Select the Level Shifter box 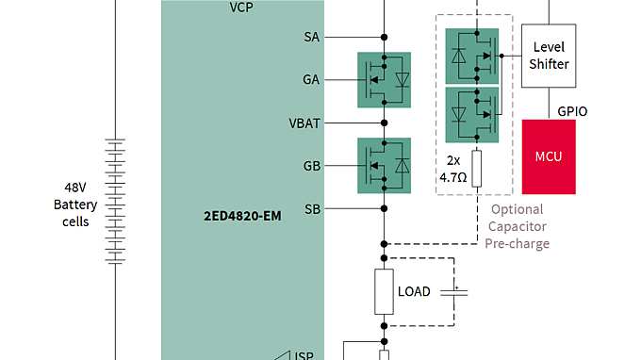549,56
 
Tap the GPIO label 572,110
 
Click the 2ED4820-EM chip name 242,217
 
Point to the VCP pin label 241,7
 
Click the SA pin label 311,37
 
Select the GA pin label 311,79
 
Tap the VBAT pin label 304,123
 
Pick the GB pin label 311,165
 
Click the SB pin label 311,207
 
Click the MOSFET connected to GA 385,80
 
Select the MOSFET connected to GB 385,166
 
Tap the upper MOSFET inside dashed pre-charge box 471,56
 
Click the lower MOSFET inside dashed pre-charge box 471,114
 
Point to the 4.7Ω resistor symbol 477,167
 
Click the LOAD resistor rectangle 384,291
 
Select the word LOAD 414,291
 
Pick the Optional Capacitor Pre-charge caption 517,226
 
